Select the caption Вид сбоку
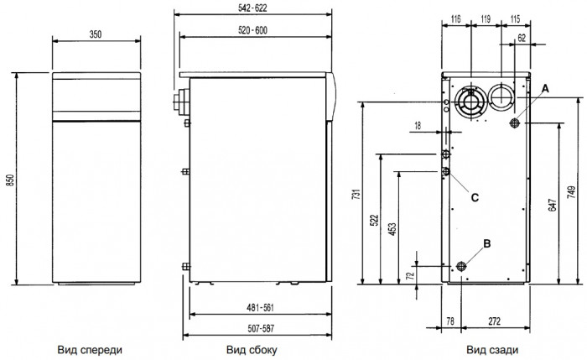[x=252, y=348]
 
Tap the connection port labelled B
[x=460, y=267]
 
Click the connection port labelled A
[x=516, y=124]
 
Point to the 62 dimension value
[x=522, y=38]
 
